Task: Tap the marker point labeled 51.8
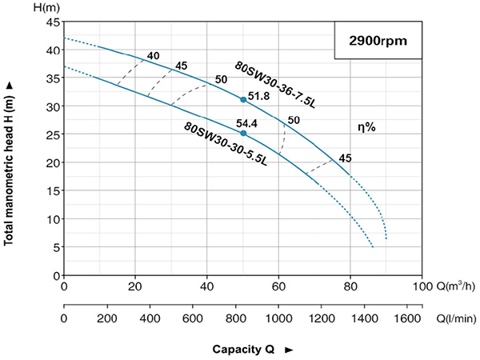click(x=243, y=100)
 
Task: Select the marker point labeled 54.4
click(x=243, y=133)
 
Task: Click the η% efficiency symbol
click(x=368, y=126)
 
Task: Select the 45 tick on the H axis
click(x=53, y=22)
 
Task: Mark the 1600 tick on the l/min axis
click(x=408, y=318)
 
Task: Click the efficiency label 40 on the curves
click(x=153, y=56)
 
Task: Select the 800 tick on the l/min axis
click(x=236, y=318)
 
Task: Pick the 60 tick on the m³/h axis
click(x=278, y=285)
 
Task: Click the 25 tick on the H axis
click(x=53, y=134)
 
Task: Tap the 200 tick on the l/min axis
click(x=106, y=318)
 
